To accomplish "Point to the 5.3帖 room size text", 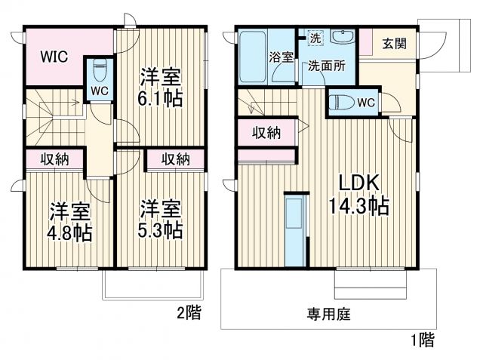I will (x=162, y=229).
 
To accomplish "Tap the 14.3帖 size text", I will (x=358, y=205).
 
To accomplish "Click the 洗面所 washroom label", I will (x=326, y=65).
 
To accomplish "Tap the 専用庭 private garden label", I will (x=328, y=312).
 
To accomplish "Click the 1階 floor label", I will (x=422, y=340).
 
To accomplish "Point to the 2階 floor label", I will (x=189, y=312).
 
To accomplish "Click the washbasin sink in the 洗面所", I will (x=342, y=38).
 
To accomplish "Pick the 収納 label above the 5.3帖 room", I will (x=174, y=158).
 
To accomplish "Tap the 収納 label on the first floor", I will (x=266, y=134).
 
